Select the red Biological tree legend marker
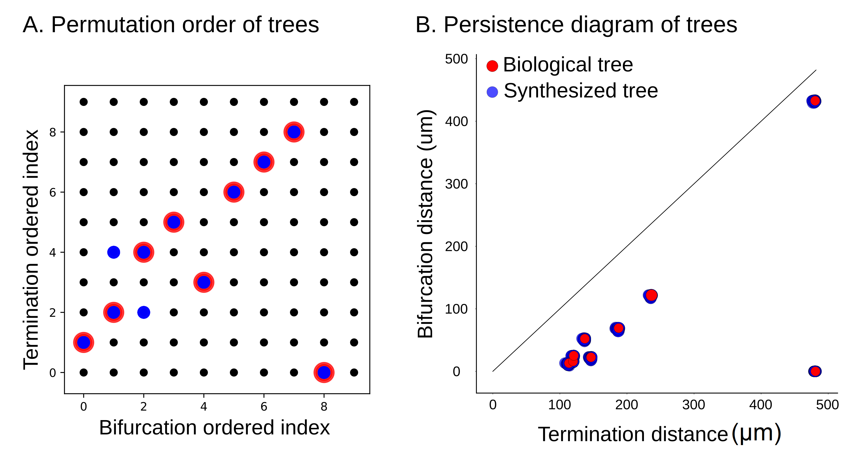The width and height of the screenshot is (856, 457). [x=492, y=66]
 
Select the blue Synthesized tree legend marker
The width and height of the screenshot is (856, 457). [x=492, y=92]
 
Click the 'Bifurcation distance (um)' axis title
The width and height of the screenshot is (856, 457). [x=425, y=223]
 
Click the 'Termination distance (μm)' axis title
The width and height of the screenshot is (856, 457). [x=659, y=434]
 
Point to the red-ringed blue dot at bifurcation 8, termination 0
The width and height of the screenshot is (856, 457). [x=324, y=372]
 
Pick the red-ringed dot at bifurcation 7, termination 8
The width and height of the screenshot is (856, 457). [x=294, y=132]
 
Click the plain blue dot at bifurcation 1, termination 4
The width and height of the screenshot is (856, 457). [x=114, y=252]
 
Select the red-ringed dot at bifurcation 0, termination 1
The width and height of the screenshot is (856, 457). [x=83, y=342]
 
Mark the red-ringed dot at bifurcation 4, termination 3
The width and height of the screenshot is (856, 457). [x=204, y=282]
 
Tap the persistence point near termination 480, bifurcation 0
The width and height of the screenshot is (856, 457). [x=815, y=371]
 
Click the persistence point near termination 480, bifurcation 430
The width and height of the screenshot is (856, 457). [x=814, y=101]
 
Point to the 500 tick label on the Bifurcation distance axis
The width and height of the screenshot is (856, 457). [x=456, y=59]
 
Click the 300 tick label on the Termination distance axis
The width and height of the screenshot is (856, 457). [x=694, y=405]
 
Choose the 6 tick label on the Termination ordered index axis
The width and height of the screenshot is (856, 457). [x=52, y=192]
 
